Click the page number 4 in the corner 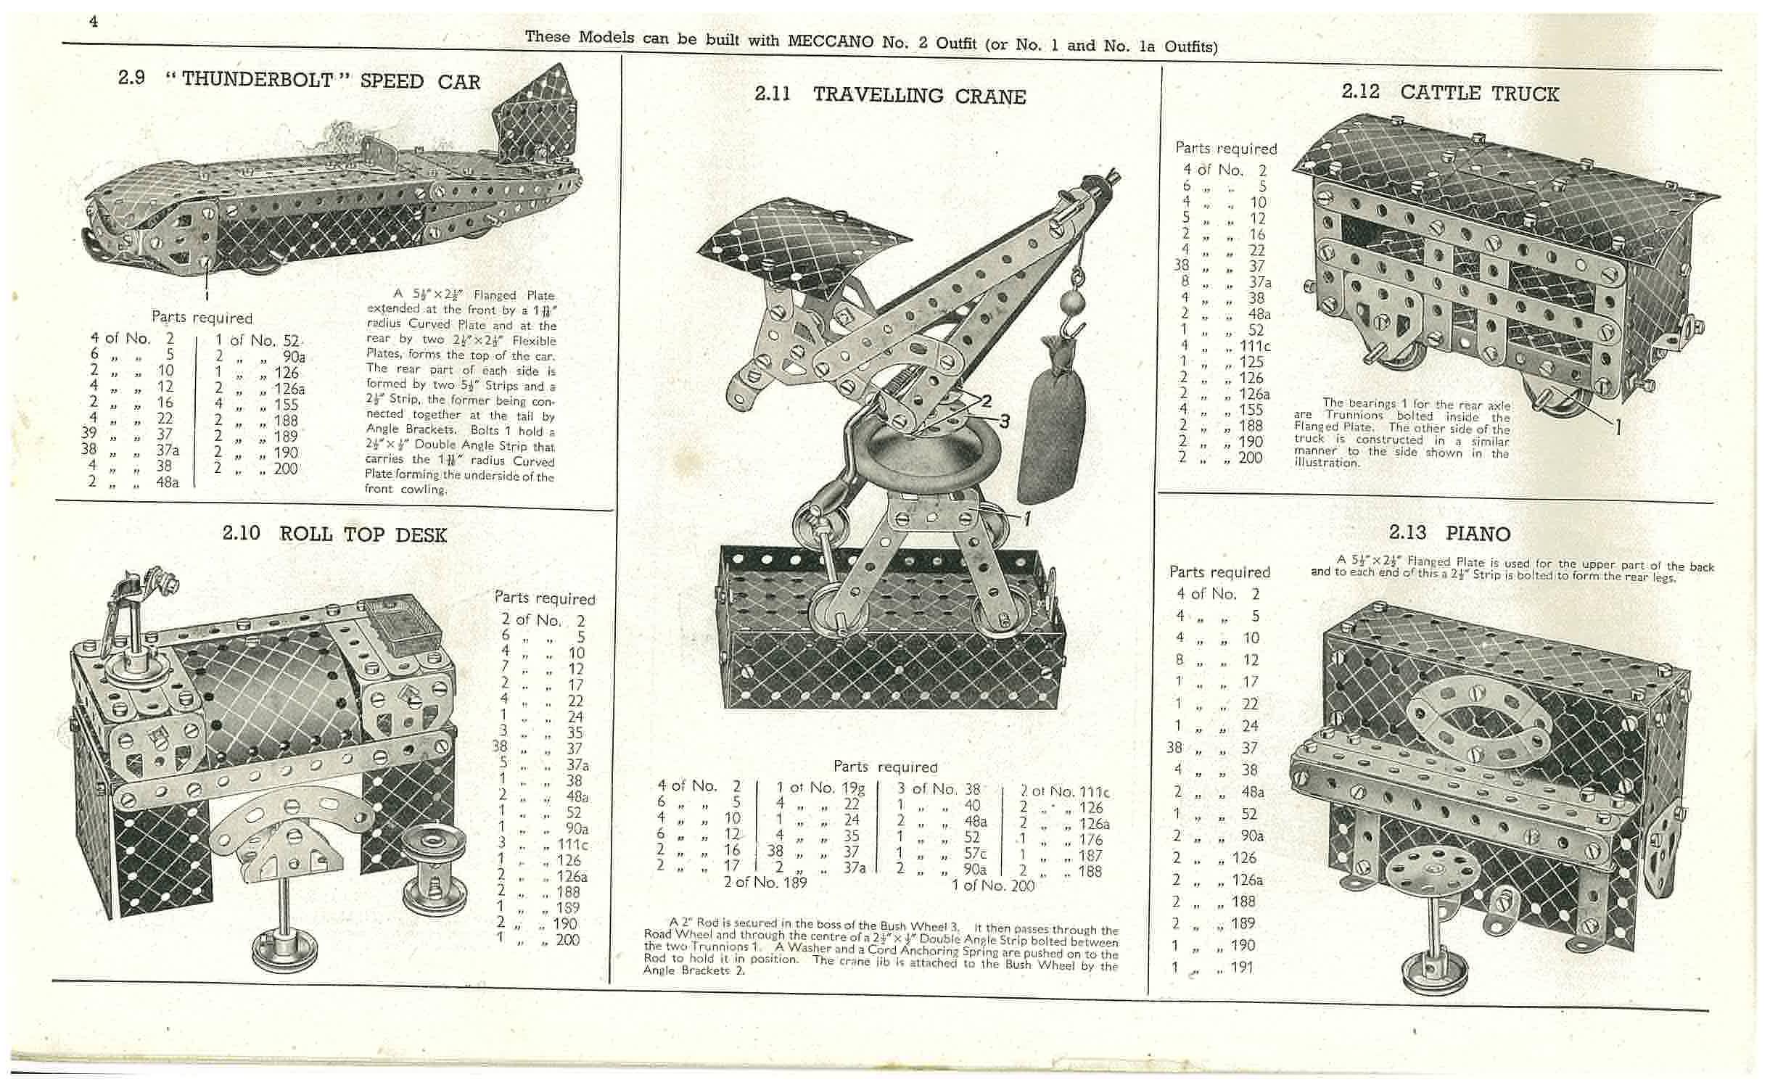94,21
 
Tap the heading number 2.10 241,533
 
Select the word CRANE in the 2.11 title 990,96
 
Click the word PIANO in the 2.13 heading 1478,533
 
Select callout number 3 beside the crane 1004,421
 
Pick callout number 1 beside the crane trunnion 1027,518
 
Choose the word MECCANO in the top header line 831,41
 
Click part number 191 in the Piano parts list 1241,967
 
